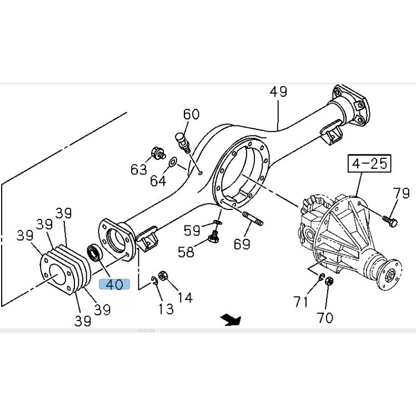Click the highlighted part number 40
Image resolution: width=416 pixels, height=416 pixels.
[x=114, y=284]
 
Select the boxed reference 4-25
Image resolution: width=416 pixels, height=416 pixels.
[x=369, y=163]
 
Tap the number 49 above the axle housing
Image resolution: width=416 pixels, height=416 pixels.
[x=278, y=92]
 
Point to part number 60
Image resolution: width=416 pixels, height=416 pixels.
[x=191, y=114]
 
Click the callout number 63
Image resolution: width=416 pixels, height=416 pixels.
[x=139, y=169]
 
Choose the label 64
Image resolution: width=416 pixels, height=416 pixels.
[x=158, y=181]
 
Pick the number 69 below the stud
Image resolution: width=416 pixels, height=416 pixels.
[x=242, y=244]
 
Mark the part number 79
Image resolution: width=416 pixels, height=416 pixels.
[x=401, y=193]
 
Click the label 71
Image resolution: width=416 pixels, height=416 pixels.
[x=300, y=302]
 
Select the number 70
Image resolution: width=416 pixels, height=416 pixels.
[x=325, y=318]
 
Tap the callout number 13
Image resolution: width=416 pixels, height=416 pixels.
[x=166, y=309]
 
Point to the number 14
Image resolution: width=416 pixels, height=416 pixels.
[x=184, y=297]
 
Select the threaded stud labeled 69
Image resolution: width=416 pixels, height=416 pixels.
[x=253, y=218]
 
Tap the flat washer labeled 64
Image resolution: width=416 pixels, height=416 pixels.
[x=173, y=161]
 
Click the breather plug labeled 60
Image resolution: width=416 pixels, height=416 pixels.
[x=183, y=143]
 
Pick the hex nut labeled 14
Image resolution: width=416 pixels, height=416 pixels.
[x=163, y=275]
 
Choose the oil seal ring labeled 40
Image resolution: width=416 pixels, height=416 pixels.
[x=95, y=253]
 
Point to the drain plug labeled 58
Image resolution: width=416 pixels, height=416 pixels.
[x=213, y=237]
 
